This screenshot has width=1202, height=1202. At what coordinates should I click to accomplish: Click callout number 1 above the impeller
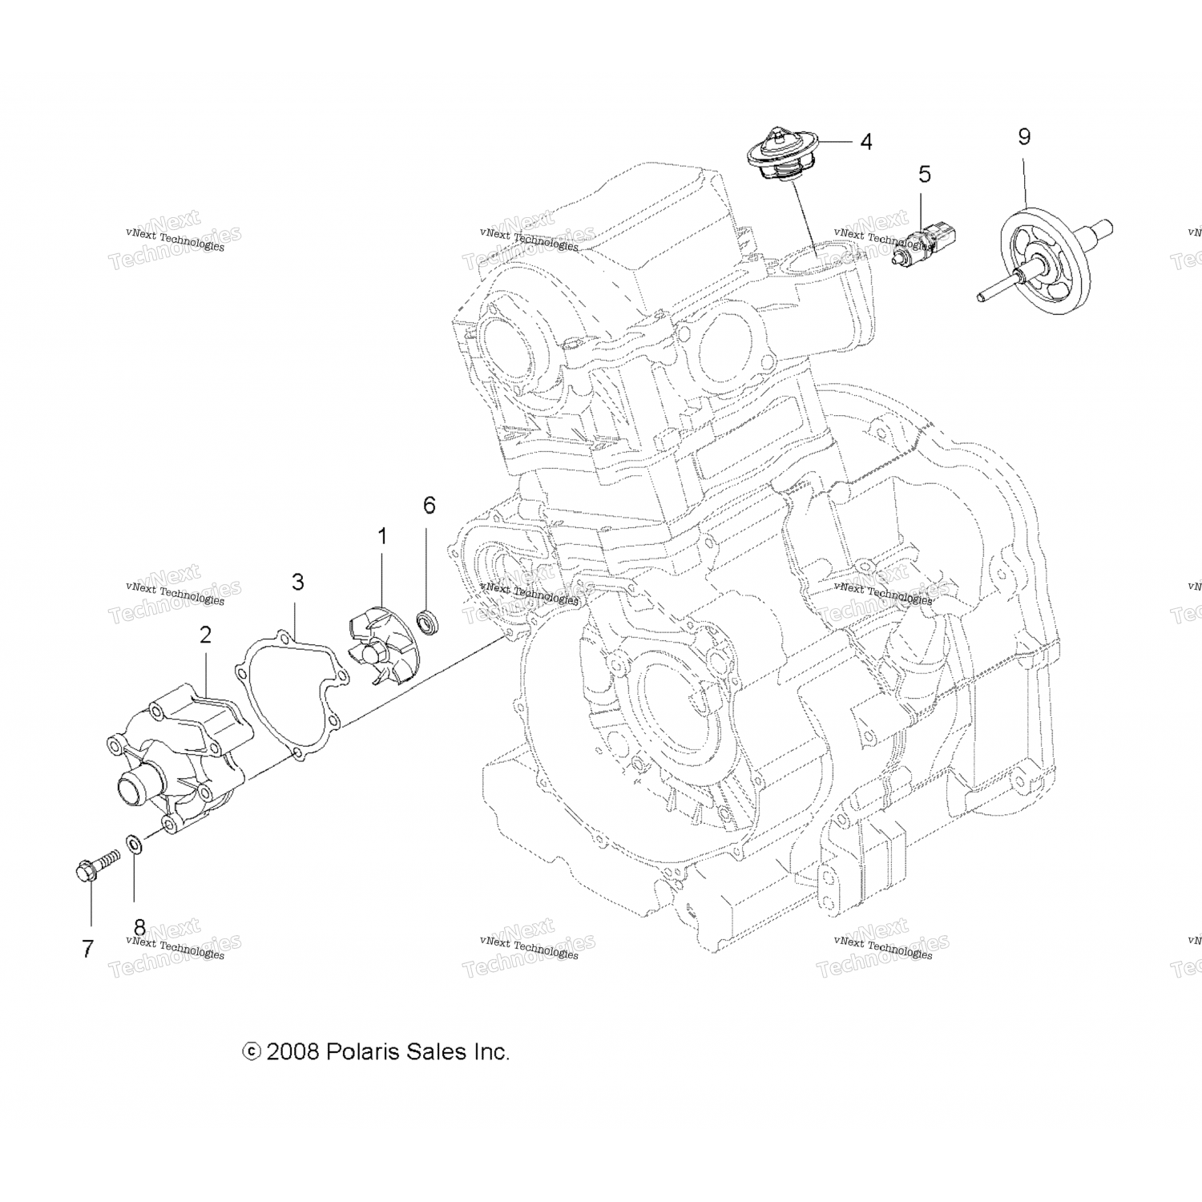tap(382, 536)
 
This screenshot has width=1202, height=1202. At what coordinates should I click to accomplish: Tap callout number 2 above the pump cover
tap(206, 635)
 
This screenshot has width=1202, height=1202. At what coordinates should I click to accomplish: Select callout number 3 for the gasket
tap(298, 583)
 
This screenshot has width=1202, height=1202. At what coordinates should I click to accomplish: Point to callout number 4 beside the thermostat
tap(866, 142)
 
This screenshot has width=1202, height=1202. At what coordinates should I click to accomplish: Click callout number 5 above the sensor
tap(925, 173)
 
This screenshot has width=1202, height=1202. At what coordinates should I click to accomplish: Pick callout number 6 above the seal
tap(430, 505)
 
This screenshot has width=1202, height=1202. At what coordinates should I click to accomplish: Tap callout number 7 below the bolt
tap(88, 949)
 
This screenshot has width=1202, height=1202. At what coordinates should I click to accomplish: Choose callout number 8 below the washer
tap(139, 927)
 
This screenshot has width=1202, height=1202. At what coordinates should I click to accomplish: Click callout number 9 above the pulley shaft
tap(1024, 136)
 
